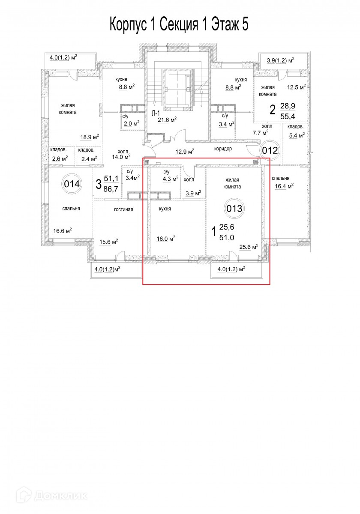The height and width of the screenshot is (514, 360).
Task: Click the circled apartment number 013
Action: click(234, 208)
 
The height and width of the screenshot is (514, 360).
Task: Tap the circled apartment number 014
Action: click(72, 184)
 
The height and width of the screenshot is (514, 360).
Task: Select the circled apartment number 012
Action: click(270, 150)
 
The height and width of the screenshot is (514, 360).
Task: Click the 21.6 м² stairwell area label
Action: click(167, 120)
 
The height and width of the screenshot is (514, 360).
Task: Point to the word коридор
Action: click(223, 149)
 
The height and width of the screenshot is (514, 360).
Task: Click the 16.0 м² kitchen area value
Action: click(166, 239)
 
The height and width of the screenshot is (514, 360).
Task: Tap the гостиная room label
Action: click(123, 209)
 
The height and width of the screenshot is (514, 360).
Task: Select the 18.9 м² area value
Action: click(90, 137)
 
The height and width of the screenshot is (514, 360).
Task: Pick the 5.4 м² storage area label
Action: click(297, 135)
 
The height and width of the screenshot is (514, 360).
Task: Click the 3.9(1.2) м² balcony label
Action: click(281, 60)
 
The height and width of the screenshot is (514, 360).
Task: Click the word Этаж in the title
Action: click(224, 24)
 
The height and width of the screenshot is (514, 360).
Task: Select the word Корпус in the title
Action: click(128, 25)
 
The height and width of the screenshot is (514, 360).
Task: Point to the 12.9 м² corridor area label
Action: click(185, 152)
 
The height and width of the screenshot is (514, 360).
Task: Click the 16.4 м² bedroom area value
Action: click(284, 186)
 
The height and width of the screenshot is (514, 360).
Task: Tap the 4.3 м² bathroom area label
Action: click(171, 179)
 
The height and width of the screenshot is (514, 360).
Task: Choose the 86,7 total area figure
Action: click(111, 189)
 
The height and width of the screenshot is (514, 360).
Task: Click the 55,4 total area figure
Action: click(288, 117)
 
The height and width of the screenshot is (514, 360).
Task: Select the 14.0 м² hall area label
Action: click(121, 157)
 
